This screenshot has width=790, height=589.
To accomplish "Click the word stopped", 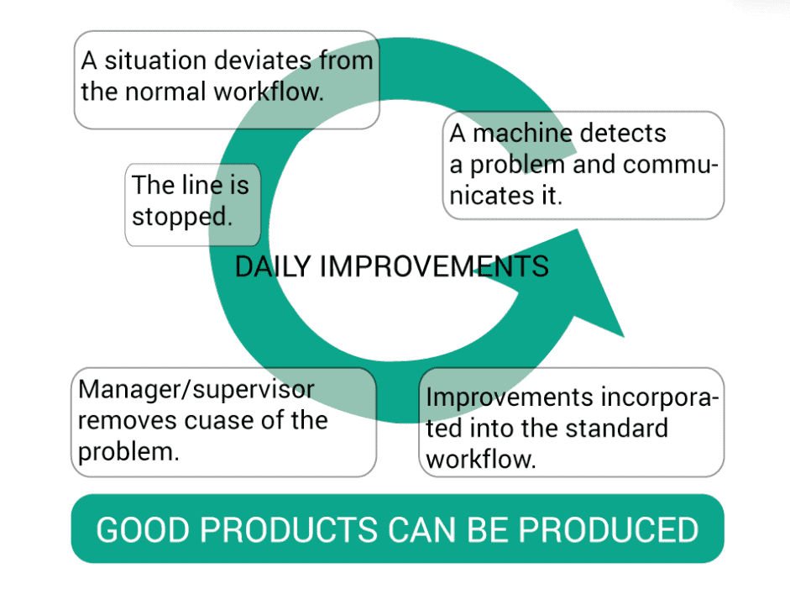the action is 182,218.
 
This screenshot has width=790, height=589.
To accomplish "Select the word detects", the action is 623,134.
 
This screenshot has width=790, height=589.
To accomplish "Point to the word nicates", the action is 492,195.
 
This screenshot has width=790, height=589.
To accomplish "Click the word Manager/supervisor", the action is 196,390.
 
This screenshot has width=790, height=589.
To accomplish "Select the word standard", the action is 617,429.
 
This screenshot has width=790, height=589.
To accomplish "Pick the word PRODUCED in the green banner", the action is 609,530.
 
